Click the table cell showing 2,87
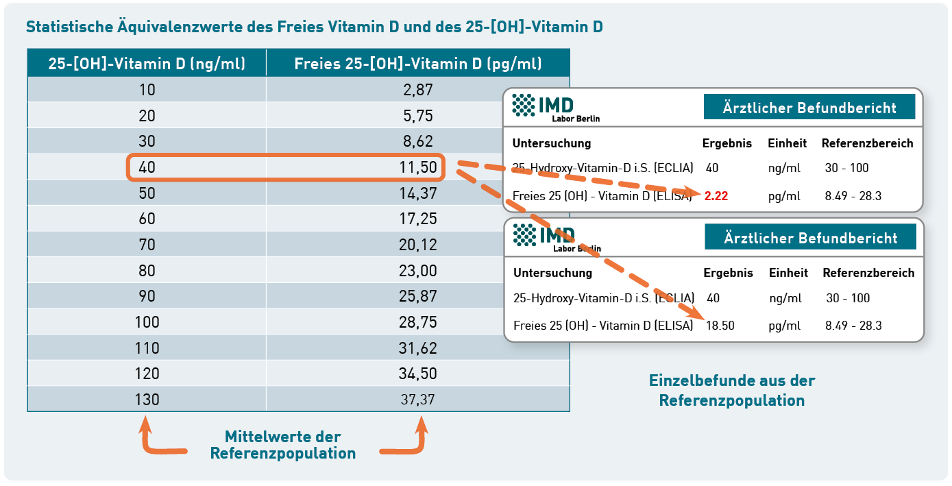pyautogui.click(x=418, y=89)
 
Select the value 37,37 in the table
pyautogui.click(x=418, y=399)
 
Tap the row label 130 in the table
pyautogui.click(x=147, y=399)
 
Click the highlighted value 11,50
pyautogui.click(x=418, y=167)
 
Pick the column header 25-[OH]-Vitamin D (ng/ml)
pyautogui.click(x=147, y=64)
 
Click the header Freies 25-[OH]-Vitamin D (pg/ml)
pyautogui.click(x=418, y=64)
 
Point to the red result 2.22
pyautogui.click(x=716, y=196)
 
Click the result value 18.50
pyautogui.click(x=720, y=326)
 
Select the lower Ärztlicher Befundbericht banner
pyautogui.click(x=810, y=238)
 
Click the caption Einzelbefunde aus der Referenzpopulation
pyautogui.click(x=732, y=390)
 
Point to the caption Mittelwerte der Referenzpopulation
pyautogui.click(x=282, y=445)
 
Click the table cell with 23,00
pyautogui.click(x=418, y=270)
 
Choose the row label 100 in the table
pyautogui.click(x=147, y=321)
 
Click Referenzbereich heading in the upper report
pyautogui.click(x=867, y=143)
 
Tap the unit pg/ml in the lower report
pyautogui.click(x=785, y=326)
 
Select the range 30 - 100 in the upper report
pyautogui.click(x=847, y=168)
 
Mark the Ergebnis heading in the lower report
pyautogui.click(x=728, y=273)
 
